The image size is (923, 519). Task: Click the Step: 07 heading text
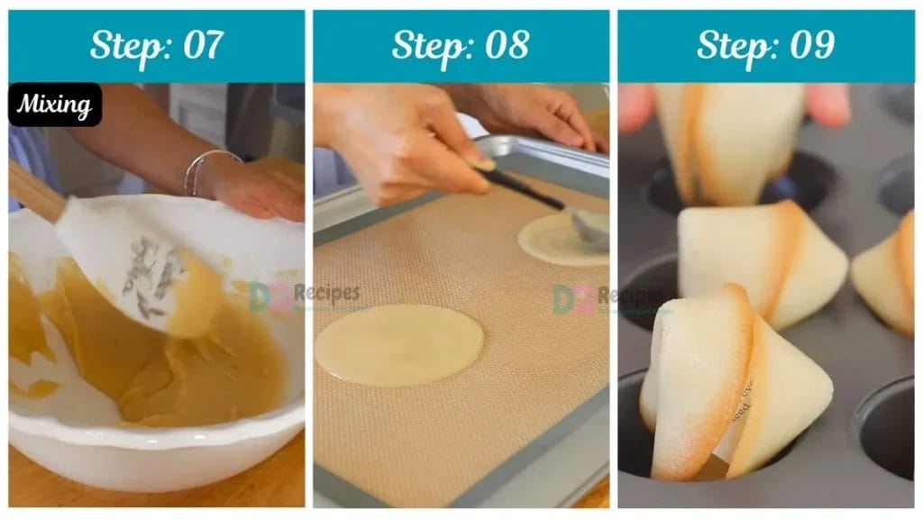156,45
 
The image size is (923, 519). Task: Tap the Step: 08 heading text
461,45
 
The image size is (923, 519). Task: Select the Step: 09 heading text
765,45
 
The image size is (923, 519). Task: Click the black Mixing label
55,105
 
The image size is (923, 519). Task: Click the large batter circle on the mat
398,345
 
